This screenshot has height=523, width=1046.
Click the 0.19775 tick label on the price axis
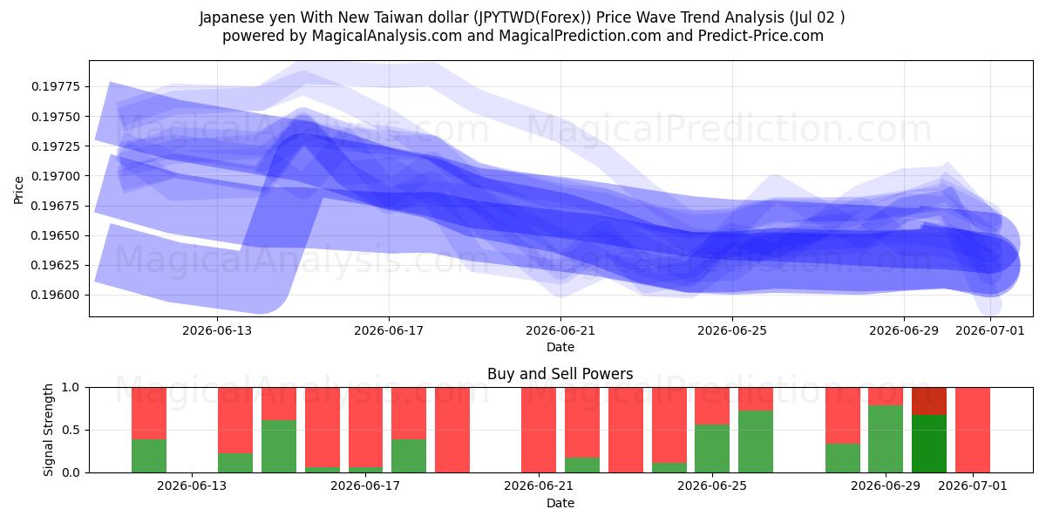tap(56, 87)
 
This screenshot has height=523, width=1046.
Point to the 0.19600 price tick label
tap(56, 295)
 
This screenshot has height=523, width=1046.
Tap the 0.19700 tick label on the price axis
tap(56, 176)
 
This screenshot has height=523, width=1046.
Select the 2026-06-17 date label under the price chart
tap(389, 330)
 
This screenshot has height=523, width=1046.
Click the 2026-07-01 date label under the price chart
tap(990, 330)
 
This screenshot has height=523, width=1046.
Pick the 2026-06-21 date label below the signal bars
tap(539, 486)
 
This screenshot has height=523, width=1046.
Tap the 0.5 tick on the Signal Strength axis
tap(71, 430)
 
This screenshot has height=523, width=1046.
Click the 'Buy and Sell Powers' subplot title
tap(560, 374)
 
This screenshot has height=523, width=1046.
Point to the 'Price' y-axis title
tap(18, 190)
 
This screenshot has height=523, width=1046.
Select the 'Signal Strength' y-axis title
tap(48, 430)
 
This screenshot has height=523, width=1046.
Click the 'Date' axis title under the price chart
tap(560, 347)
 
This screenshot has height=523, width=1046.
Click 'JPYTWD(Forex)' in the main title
tap(532, 17)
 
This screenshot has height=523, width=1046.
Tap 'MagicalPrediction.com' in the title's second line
tap(580, 36)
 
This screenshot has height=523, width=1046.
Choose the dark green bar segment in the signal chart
tap(929, 444)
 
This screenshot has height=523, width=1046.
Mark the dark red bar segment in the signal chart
tap(929, 401)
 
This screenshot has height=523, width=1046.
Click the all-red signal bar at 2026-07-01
tap(973, 430)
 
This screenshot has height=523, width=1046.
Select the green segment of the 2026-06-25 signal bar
tap(712, 448)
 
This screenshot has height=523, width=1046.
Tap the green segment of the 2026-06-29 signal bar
tap(886, 439)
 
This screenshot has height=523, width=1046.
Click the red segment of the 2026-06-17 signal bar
tap(365, 427)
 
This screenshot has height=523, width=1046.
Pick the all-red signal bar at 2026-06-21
tap(539, 430)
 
